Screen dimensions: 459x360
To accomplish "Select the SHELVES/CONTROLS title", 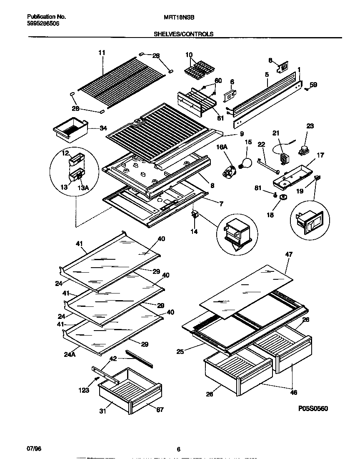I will click(x=183, y=34).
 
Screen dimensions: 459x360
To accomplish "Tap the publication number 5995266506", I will click(x=43, y=24).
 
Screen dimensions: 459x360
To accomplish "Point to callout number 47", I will click(x=288, y=254).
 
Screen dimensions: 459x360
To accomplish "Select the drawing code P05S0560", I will click(x=311, y=409).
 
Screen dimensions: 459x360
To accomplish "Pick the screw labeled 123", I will click(x=97, y=378).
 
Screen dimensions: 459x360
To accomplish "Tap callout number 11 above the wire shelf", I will click(x=102, y=53).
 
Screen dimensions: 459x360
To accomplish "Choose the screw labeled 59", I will click(x=306, y=88).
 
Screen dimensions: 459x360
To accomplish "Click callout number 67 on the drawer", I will click(x=160, y=409).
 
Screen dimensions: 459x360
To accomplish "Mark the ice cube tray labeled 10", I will click(x=198, y=69).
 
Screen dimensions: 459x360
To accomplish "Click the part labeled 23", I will click(x=303, y=151).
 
